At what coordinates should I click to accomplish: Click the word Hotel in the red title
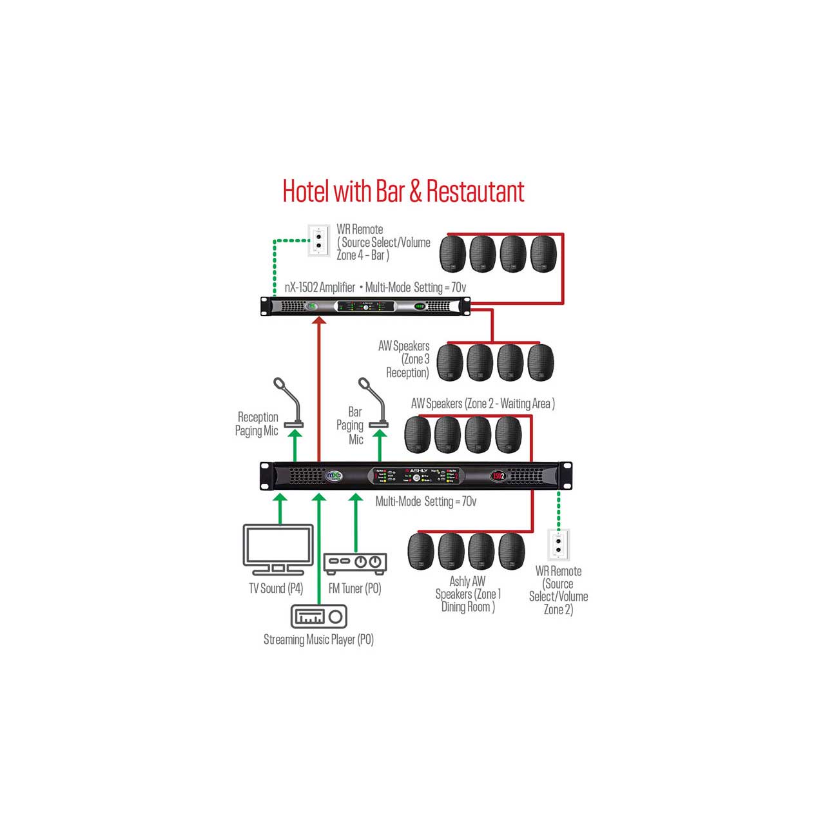(306, 191)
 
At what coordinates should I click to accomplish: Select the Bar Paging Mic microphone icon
(373, 403)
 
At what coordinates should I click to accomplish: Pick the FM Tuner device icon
(354, 563)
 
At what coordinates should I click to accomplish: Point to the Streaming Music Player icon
(319, 617)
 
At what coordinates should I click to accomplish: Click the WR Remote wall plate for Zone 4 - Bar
(318, 240)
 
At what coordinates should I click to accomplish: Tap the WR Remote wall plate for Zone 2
(558, 545)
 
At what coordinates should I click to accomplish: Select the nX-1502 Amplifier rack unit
(365, 306)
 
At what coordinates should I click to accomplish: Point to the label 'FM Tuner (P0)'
(354, 588)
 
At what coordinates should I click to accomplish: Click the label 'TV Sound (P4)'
(276, 588)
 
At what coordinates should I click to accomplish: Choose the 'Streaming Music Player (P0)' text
(318, 639)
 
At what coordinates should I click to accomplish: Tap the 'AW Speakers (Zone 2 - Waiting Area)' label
(483, 404)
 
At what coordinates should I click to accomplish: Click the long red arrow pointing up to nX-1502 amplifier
(319, 387)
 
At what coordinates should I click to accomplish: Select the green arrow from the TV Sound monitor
(280, 508)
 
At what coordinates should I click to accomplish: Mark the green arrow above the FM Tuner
(356, 522)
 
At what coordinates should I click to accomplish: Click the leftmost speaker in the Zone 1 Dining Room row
(421, 551)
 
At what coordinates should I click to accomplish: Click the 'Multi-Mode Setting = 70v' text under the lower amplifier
(425, 501)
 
